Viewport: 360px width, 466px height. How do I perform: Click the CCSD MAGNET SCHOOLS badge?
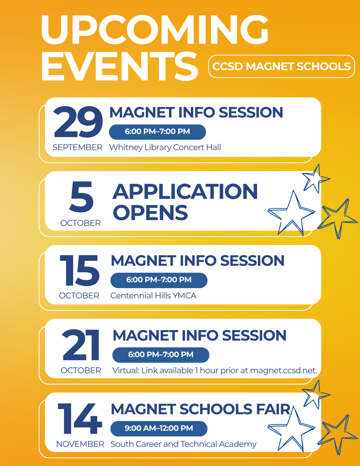(x=281, y=66)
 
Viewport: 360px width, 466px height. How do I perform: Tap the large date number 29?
(x=78, y=122)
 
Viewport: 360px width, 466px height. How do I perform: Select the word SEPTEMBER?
(x=77, y=147)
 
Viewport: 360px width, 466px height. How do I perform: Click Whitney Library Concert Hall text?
(x=165, y=147)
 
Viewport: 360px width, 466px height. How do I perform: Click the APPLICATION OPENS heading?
(x=185, y=202)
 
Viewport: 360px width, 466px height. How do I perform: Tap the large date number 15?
(x=79, y=270)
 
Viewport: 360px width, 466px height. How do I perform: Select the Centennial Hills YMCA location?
(x=153, y=296)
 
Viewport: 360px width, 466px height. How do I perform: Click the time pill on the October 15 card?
(x=159, y=280)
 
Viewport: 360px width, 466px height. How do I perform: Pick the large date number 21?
(x=81, y=345)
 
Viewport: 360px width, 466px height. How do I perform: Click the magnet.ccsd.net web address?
(x=284, y=370)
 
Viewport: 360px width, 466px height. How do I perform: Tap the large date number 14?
(x=79, y=419)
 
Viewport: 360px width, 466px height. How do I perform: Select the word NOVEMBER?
(x=80, y=444)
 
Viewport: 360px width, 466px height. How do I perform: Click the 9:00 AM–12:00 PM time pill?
(x=159, y=429)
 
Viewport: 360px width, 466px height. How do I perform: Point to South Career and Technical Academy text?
(x=183, y=444)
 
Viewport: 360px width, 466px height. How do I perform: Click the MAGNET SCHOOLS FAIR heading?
(x=200, y=409)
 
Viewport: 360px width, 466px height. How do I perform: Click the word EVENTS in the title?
(x=119, y=66)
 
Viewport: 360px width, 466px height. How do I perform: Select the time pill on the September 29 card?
(x=157, y=132)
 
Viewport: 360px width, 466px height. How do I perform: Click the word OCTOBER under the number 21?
(x=81, y=370)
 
